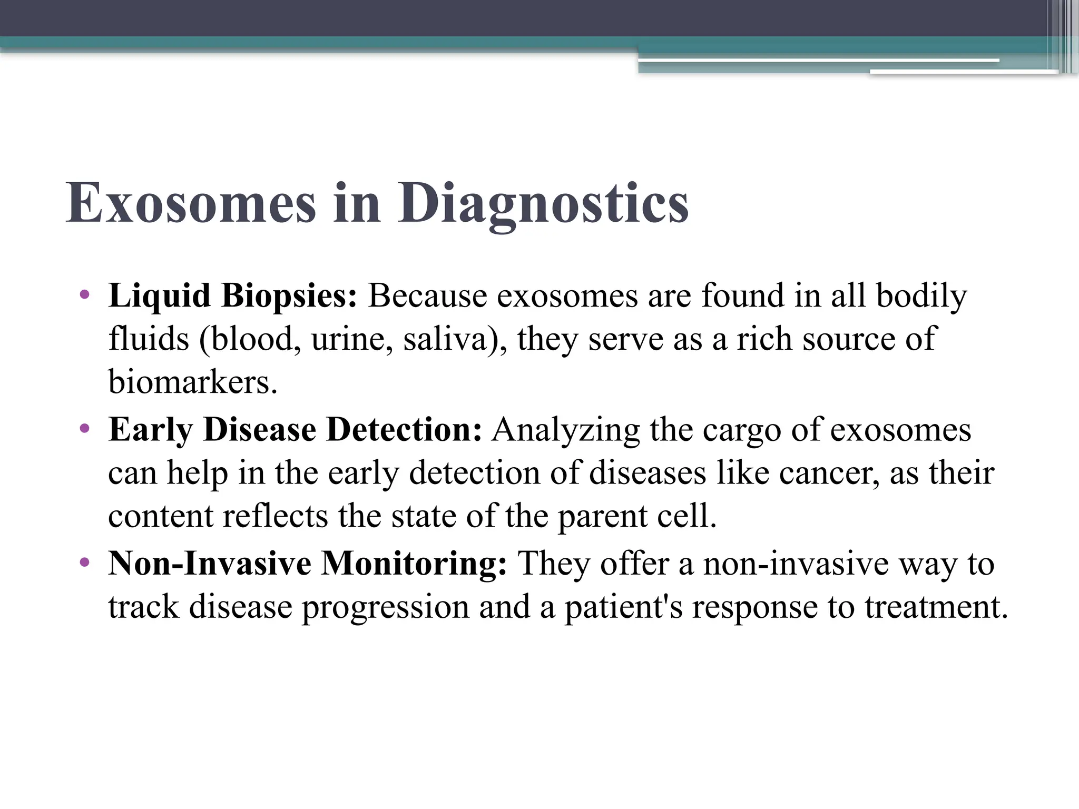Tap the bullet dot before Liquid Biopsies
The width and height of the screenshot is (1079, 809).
[x=84, y=294]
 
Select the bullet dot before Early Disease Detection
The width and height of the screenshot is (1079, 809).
[x=84, y=429]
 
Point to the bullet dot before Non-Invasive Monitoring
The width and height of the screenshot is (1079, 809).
[x=84, y=563]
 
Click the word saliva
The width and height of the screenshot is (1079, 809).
[x=452, y=339]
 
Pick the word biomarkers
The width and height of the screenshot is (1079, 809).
[x=192, y=382]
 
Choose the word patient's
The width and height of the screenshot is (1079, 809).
[x=623, y=607]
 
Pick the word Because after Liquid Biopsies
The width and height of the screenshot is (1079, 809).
[x=427, y=296]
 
